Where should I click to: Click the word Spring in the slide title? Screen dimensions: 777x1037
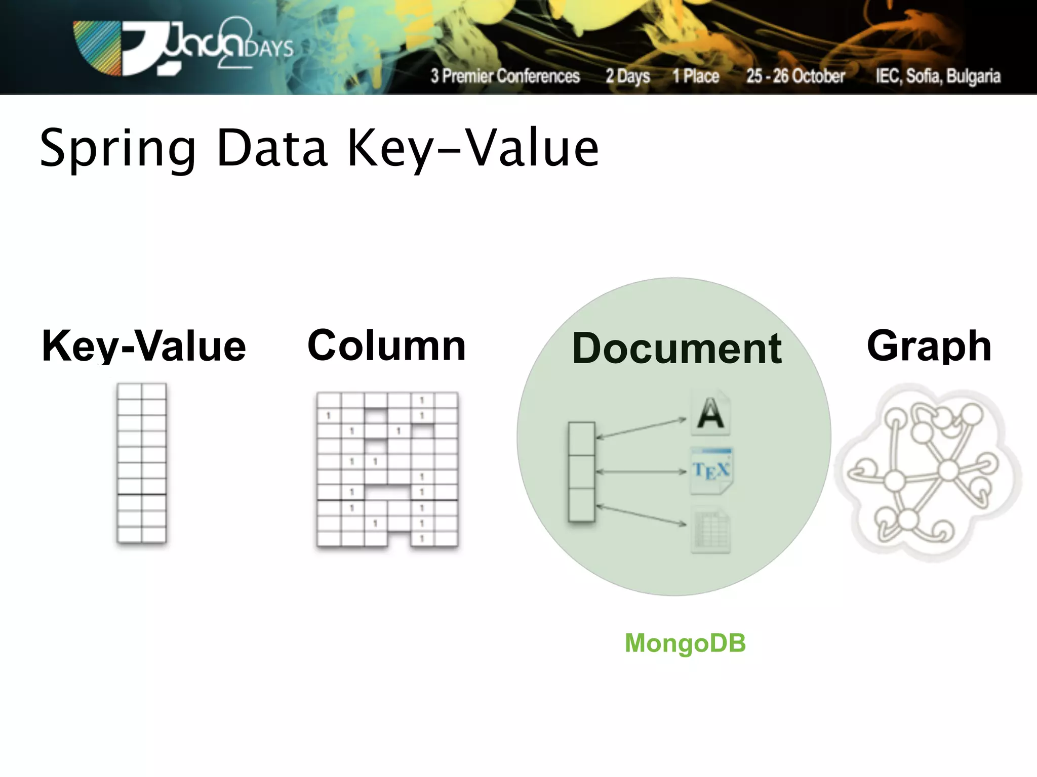pyautogui.click(x=117, y=149)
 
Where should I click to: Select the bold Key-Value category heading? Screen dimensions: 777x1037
pyautogui.click(x=144, y=346)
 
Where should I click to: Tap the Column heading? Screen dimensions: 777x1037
pyautogui.click(x=386, y=346)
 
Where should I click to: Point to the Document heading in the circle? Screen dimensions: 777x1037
pyautogui.click(x=677, y=349)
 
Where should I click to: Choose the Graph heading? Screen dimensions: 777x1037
pyautogui.click(x=929, y=346)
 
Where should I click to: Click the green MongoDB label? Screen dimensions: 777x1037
pyautogui.click(x=685, y=643)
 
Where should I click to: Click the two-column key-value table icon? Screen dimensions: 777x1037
pyautogui.click(x=142, y=463)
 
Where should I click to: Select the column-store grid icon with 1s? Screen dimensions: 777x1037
pyautogui.click(x=387, y=469)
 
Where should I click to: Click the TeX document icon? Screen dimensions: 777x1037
pyautogui.click(x=711, y=471)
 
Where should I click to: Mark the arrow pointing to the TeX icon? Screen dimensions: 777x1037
pyautogui.click(x=641, y=472)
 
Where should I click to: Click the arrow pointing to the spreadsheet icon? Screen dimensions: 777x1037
pyautogui.click(x=641, y=515)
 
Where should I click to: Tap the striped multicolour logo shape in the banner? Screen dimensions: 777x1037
pyautogui.click(x=97, y=48)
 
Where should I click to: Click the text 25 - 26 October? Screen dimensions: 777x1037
pyautogui.click(x=795, y=76)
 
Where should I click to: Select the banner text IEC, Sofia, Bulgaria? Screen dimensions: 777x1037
pyautogui.click(x=938, y=76)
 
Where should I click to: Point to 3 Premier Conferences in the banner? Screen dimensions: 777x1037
pyautogui.click(x=505, y=76)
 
